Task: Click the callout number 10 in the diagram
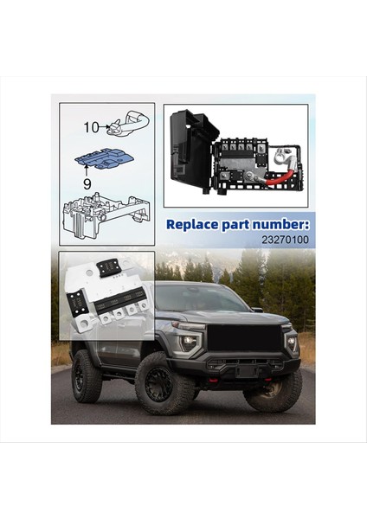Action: click(x=92, y=127)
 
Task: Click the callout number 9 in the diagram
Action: click(x=87, y=183)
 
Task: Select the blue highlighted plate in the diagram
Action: click(x=103, y=159)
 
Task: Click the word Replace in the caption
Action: click(x=192, y=224)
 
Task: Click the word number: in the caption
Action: click(x=278, y=224)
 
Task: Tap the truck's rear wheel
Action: click(x=87, y=375)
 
